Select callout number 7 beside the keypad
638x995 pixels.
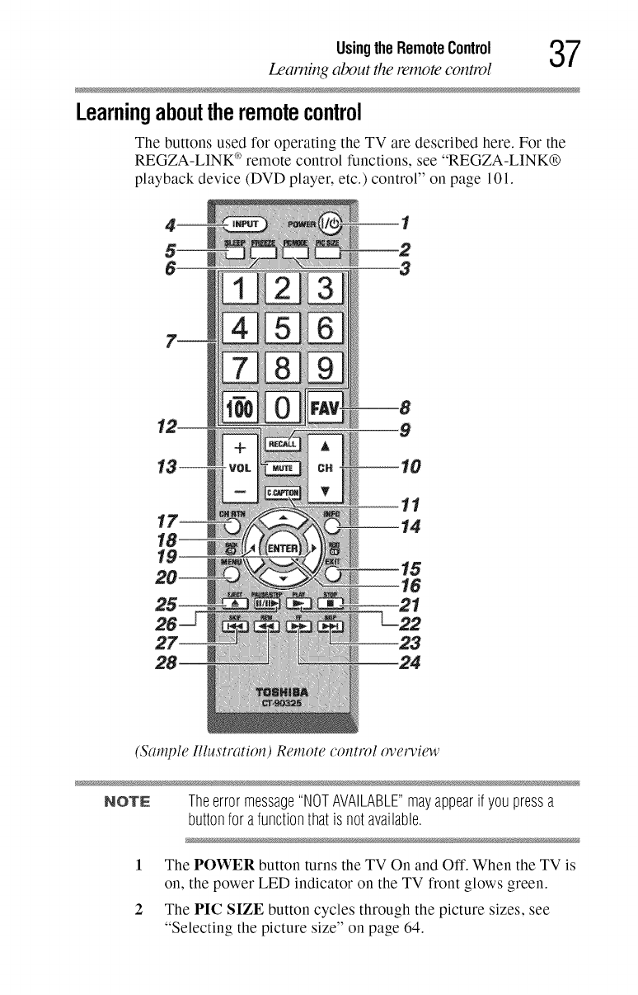[x=173, y=339]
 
